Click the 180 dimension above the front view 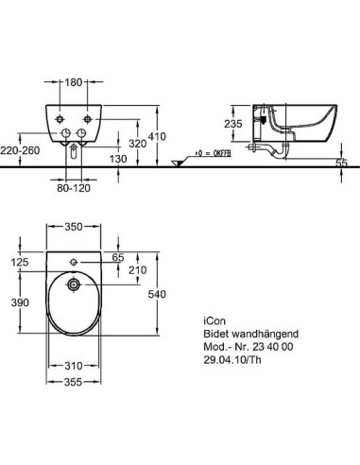tap(72, 82)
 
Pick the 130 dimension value tap(115, 159)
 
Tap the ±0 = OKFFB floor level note tap(209, 152)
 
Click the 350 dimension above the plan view tap(72, 228)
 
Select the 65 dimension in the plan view tap(117, 257)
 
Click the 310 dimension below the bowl tap(72, 365)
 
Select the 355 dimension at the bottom tap(72, 382)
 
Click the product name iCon tap(216, 319)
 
